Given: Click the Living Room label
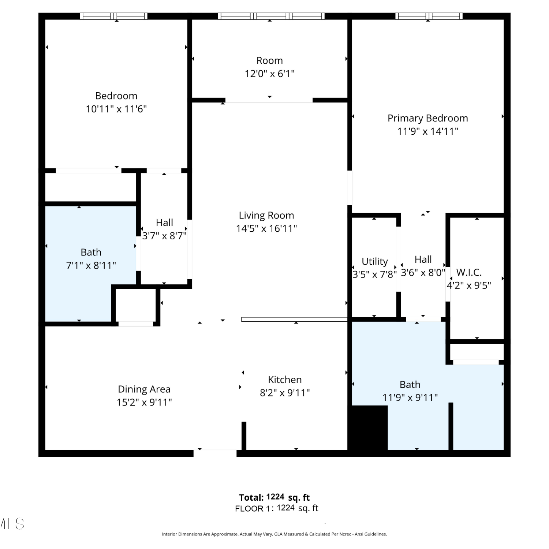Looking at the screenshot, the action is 266,216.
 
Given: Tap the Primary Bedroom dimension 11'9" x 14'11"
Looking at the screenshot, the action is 428,131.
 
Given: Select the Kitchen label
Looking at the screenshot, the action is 285,380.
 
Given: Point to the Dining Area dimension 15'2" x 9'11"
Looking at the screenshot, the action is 144,402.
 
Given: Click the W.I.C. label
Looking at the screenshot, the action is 469,272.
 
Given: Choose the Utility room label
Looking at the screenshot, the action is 375,261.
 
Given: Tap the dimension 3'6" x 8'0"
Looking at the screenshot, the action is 423,272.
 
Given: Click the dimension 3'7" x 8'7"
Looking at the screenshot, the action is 164,236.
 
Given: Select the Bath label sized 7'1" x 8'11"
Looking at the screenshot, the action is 91,252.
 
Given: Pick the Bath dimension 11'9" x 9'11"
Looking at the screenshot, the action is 410,397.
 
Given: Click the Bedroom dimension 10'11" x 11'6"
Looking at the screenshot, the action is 116,109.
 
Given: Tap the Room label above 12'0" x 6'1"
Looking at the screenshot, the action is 270,60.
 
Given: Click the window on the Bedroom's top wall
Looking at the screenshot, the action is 114,16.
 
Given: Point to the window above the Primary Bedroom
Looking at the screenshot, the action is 429,16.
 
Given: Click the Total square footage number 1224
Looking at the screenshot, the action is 275,497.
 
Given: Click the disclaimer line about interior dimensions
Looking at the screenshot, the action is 274,534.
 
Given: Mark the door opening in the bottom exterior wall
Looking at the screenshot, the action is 215,453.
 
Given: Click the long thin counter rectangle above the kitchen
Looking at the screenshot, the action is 294,320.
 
